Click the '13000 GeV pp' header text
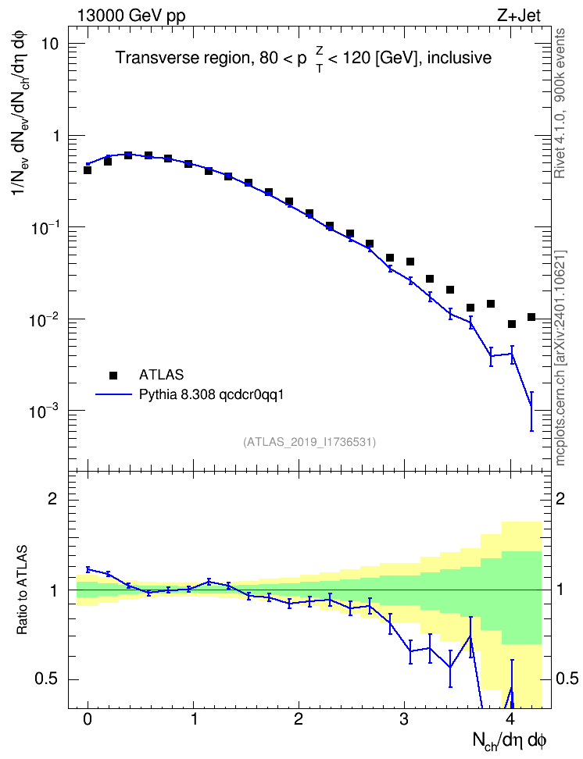point(131,16)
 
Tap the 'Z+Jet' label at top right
point(519,16)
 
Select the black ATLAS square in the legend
point(113,375)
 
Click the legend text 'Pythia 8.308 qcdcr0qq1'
point(211,395)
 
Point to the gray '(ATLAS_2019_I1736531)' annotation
point(309,442)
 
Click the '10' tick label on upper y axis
point(48,44)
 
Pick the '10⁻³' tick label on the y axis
point(43,411)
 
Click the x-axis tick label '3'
point(404,719)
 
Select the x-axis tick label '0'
point(88,719)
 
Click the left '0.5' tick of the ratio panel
point(47,679)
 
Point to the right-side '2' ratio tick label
point(560,498)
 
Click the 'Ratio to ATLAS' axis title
point(22,590)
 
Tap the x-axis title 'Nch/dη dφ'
point(509,741)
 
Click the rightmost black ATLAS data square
point(531,317)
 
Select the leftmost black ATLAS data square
point(88,170)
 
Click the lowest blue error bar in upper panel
point(531,411)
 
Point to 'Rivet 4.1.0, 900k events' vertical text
point(560,104)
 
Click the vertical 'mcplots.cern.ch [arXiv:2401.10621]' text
point(560,358)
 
